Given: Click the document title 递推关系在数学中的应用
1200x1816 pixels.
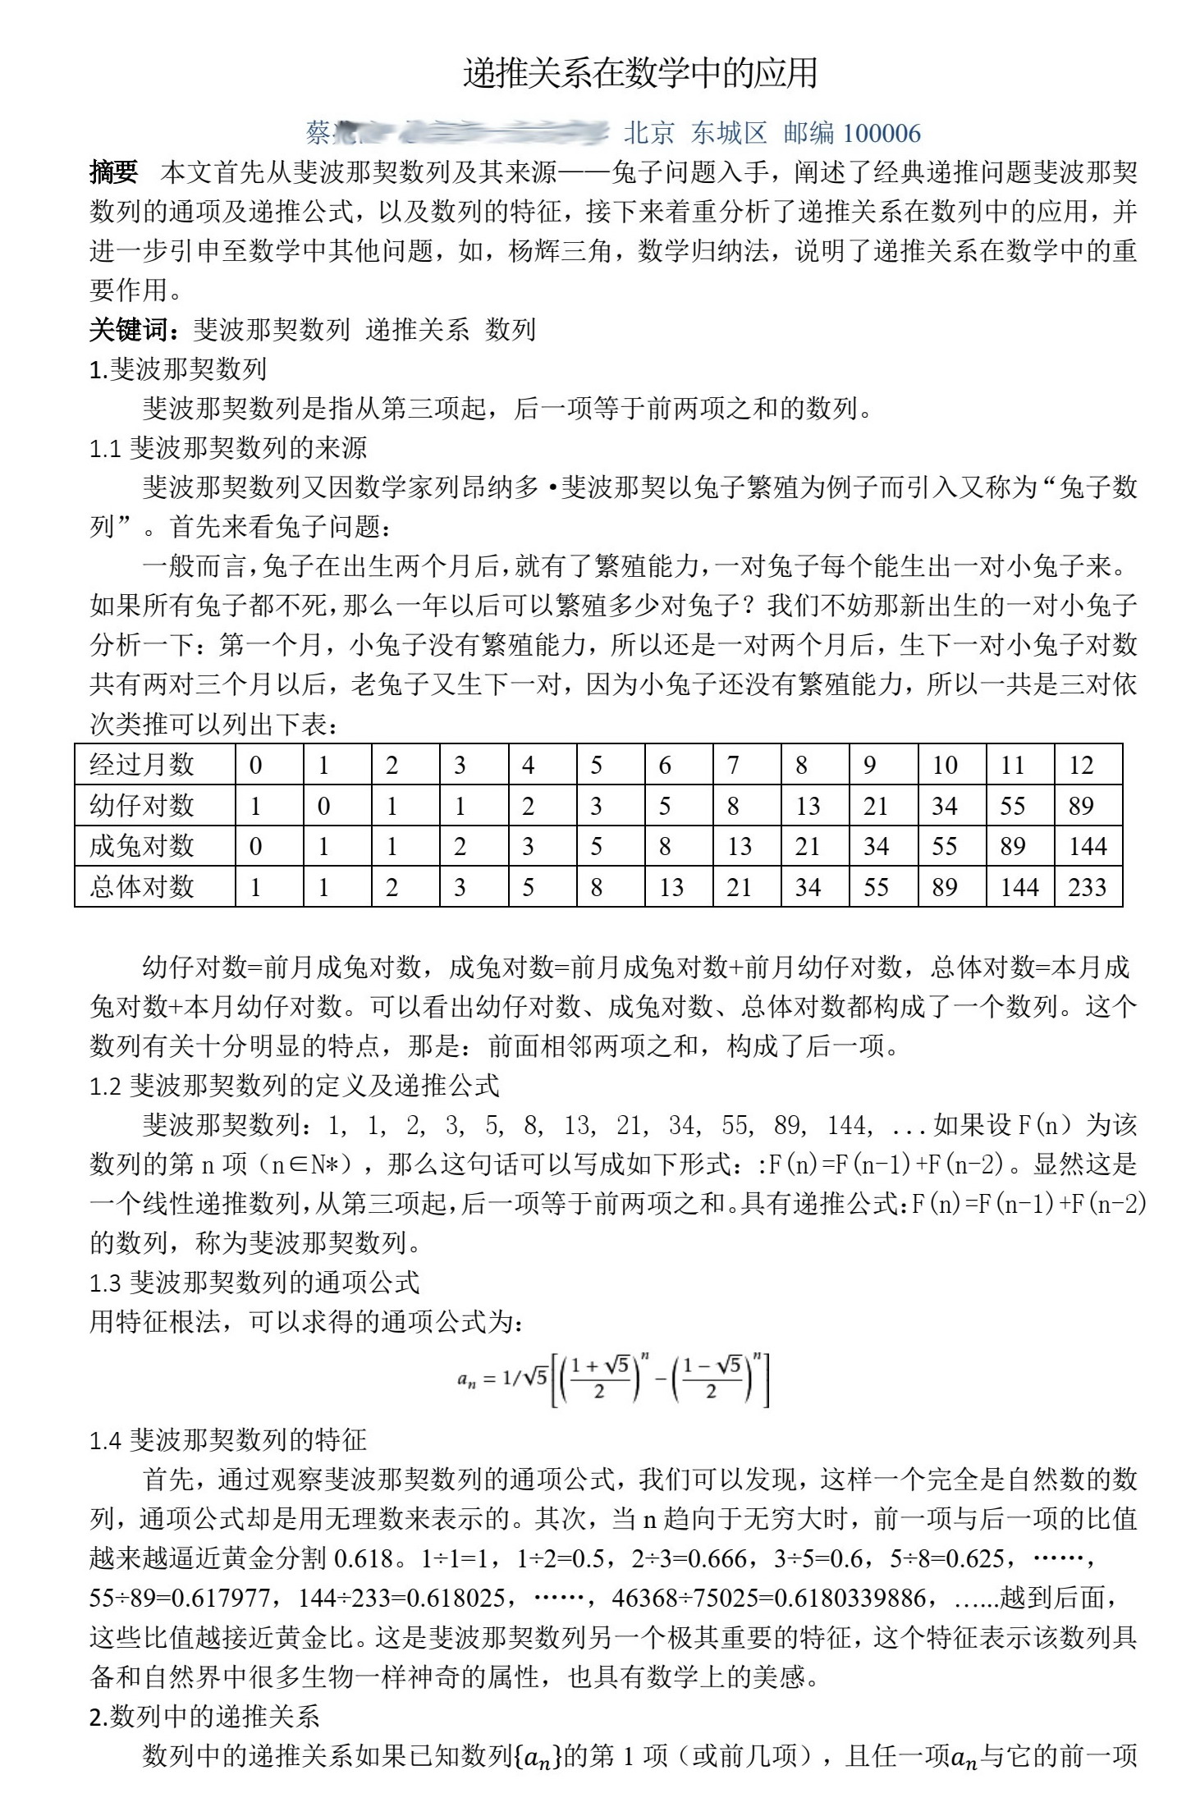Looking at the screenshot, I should (x=640, y=73).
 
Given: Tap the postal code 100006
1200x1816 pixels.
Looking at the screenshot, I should (x=881, y=133).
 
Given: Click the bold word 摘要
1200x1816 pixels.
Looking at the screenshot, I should (x=113, y=172).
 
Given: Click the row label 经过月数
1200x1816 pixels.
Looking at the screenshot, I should (x=142, y=765).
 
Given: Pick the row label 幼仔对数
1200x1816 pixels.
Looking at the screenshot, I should (x=142, y=806).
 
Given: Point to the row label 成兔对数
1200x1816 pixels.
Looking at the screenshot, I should (x=142, y=846).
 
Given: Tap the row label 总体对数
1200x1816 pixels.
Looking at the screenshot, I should (x=142, y=887).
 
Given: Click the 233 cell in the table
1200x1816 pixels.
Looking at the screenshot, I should (x=1088, y=887).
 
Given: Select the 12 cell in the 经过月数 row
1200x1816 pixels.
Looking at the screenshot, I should (x=1081, y=765).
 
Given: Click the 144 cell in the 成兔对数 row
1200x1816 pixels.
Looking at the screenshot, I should (x=1088, y=846).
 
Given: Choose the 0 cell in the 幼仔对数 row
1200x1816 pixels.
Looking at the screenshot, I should (x=323, y=806).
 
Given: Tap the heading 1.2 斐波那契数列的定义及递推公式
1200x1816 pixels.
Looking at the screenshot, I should (x=294, y=1086).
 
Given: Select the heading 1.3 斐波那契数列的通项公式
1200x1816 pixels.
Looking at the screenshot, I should (x=254, y=1283).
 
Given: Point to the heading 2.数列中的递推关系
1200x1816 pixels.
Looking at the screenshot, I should (x=204, y=1717).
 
